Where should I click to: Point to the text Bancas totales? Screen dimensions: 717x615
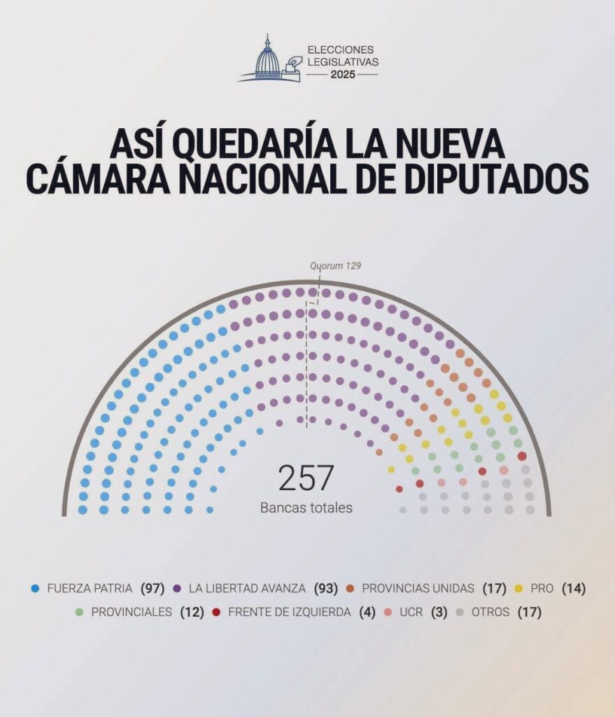tap(306, 508)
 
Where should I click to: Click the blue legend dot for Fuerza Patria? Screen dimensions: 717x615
tap(35, 588)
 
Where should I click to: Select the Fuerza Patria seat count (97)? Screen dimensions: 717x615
tap(153, 588)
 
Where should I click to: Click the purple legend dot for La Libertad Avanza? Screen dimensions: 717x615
tap(178, 588)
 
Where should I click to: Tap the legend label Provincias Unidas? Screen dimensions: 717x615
tap(418, 588)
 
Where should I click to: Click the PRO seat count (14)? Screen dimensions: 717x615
tap(573, 588)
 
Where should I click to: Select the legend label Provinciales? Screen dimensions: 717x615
tap(132, 612)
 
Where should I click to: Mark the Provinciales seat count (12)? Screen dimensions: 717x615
tap(192, 612)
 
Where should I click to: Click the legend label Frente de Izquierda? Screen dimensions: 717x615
tap(291, 612)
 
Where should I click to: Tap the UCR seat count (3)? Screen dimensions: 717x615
tap(437, 612)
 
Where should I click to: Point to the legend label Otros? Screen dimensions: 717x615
tap(490, 612)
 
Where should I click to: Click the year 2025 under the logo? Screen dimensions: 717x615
tap(343, 74)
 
